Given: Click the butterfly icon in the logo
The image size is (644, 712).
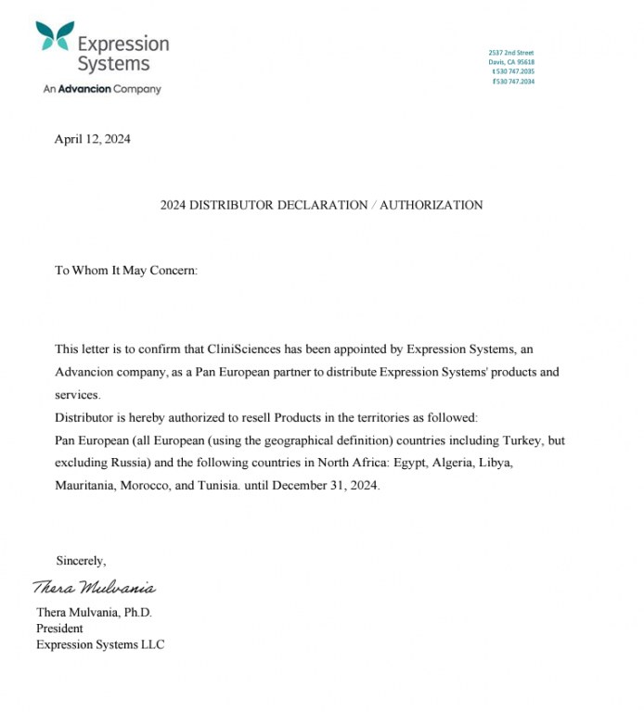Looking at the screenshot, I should coord(55,36).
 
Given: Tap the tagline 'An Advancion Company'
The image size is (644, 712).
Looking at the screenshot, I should coord(102,89).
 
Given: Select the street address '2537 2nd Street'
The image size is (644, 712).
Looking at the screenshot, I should coord(511,53).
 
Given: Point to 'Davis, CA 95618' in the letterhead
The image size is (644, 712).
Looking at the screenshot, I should coord(511,62).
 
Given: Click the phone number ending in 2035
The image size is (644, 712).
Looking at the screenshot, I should coord(513,71).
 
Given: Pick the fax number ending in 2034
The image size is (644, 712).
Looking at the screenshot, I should coord(513,81).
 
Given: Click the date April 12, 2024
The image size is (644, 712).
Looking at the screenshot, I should coord(92,140).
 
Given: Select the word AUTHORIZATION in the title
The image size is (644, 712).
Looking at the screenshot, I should coord(431,205).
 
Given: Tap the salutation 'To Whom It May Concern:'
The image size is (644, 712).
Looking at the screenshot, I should coord(126,271).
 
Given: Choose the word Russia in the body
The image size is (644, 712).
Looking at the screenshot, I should coord(134,463).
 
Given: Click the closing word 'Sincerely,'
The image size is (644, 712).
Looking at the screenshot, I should coord(81,561).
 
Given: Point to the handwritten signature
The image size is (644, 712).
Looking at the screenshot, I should coord(94,588).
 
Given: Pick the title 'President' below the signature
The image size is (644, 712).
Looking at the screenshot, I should coord(59,629).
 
